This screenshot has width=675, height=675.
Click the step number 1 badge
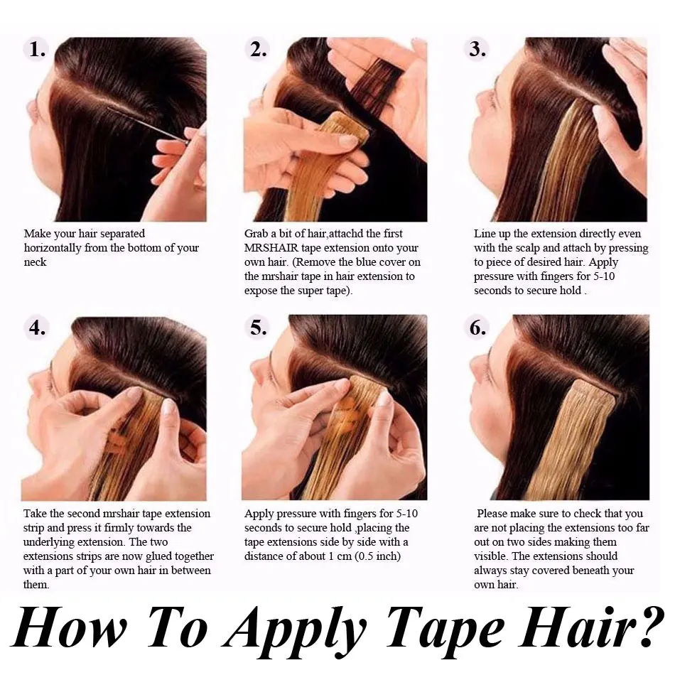pos(36,50)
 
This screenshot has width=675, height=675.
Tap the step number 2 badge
pos(258,50)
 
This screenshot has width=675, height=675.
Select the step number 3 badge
pos(477,50)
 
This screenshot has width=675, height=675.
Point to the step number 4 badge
pos(36,328)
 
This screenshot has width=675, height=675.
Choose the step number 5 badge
pos(258,328)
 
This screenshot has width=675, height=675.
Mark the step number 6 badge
pos(477,328)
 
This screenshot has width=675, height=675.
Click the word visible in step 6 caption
pos(490,556)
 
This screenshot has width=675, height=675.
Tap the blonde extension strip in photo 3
pos(561,163)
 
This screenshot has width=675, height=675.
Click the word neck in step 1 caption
pos(35,262)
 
